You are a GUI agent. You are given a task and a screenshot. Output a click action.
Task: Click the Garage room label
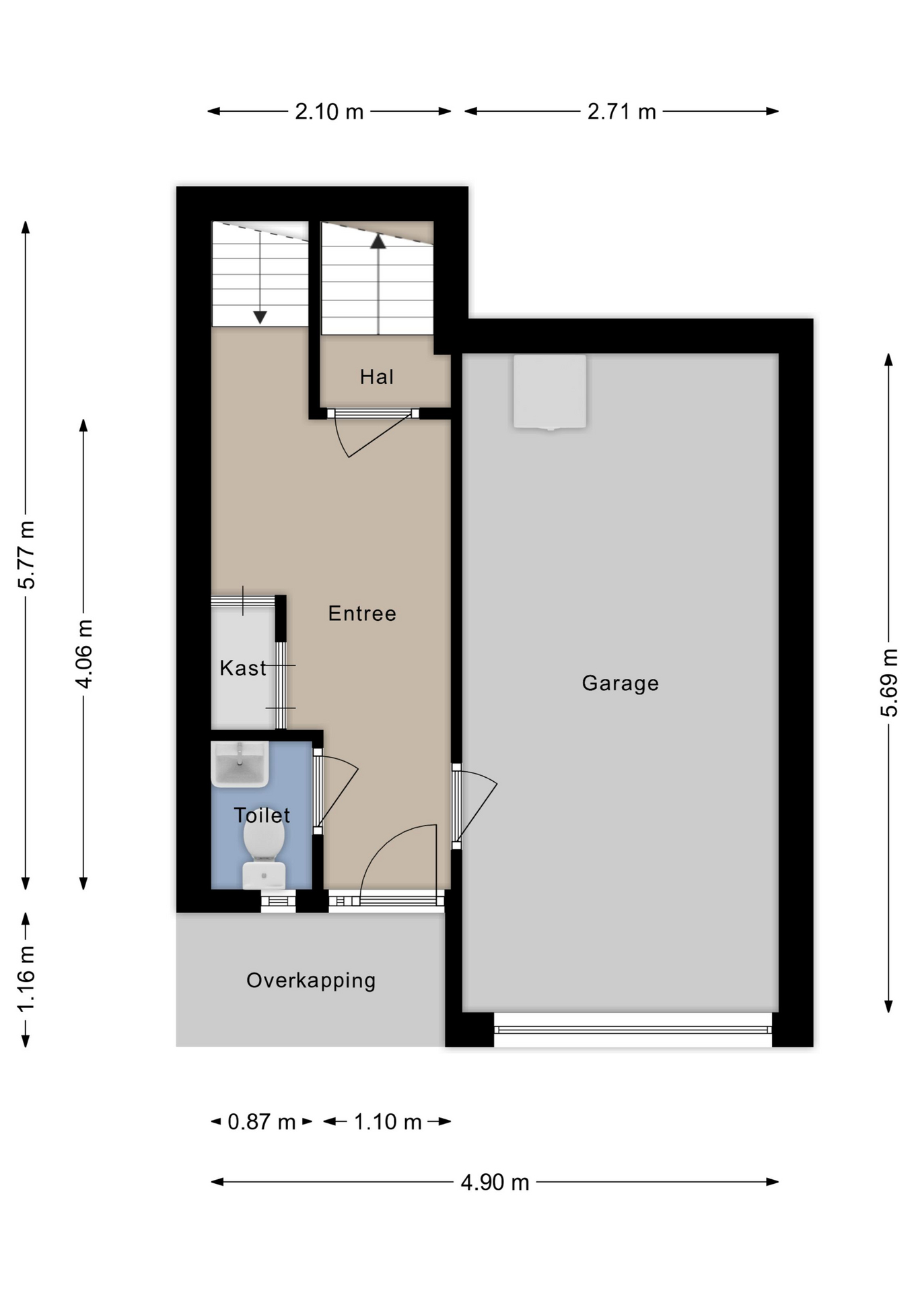[x=620, y=684]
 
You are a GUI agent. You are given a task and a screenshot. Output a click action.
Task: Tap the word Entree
[x=362, y=614]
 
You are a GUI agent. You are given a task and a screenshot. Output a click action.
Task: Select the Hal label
[x=377, y=376]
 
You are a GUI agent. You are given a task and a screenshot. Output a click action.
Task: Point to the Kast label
[x=243, y=668]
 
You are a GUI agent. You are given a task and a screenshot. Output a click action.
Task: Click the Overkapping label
[x=311, y=981]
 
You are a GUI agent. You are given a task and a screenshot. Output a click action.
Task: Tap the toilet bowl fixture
[x=264, y=855]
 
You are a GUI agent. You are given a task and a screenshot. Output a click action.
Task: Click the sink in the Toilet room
[x=240, y=764]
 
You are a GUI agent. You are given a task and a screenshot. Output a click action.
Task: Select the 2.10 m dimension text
[x=329, y=111]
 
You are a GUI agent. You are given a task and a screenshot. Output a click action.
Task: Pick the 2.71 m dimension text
[x=621, y=111]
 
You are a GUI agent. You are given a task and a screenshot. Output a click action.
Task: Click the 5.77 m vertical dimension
[x=26, y=555]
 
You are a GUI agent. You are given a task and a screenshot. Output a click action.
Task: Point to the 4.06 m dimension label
[x=83, y=653]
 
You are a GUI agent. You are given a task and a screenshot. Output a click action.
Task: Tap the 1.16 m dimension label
[x=26, y=979]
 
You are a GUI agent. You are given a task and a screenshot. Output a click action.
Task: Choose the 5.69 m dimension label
[x=888, y=683]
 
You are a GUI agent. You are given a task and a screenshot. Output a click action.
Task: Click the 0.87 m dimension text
[x=262, y=1122]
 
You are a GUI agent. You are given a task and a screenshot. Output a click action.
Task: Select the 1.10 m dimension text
[x=388, y=1122]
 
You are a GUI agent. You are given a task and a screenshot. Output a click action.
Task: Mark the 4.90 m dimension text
[x=495, y=1183]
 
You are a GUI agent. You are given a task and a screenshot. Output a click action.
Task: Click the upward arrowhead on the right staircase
[x=378, y=241]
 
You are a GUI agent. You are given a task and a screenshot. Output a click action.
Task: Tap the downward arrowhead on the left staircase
[x=260, y=317]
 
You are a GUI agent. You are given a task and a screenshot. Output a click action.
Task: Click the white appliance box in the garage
[x=550, y=392]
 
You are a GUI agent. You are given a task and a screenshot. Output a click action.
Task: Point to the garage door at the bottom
[x=633, y=1030]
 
